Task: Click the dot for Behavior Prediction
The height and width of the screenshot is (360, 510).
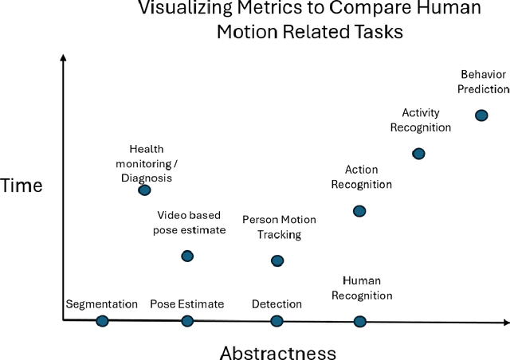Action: tap(481, 115)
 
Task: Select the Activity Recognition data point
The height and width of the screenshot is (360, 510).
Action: tap(418, 153)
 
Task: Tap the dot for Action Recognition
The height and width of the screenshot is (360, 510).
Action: tap(359, 211)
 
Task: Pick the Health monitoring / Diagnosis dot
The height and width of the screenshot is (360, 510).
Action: tap(144, 190)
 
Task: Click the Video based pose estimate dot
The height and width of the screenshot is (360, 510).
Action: tap(187, 256)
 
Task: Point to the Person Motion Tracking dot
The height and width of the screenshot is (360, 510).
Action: tap(277, 260)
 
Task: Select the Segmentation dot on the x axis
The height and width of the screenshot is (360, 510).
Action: tap(102, 321)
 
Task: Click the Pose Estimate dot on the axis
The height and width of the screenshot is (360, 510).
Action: tap(187, 321)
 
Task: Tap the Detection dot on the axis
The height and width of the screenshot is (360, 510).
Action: tap(277, 321)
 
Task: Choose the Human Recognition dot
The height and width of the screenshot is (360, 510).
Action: tap(359, 321)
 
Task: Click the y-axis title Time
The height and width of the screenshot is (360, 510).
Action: tap(22, 186)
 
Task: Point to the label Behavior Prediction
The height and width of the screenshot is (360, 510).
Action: tap(483, 82)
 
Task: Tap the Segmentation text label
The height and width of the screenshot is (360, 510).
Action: tap(102, 303)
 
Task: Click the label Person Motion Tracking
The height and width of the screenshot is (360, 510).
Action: tap(279, 227)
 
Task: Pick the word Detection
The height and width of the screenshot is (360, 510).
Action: tap(277, 303)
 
